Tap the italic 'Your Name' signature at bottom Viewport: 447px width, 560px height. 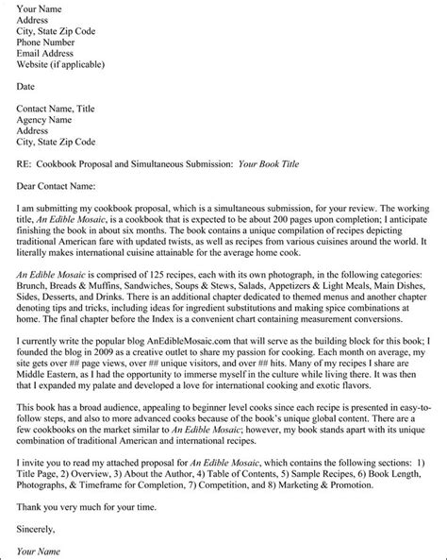(40, 549)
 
